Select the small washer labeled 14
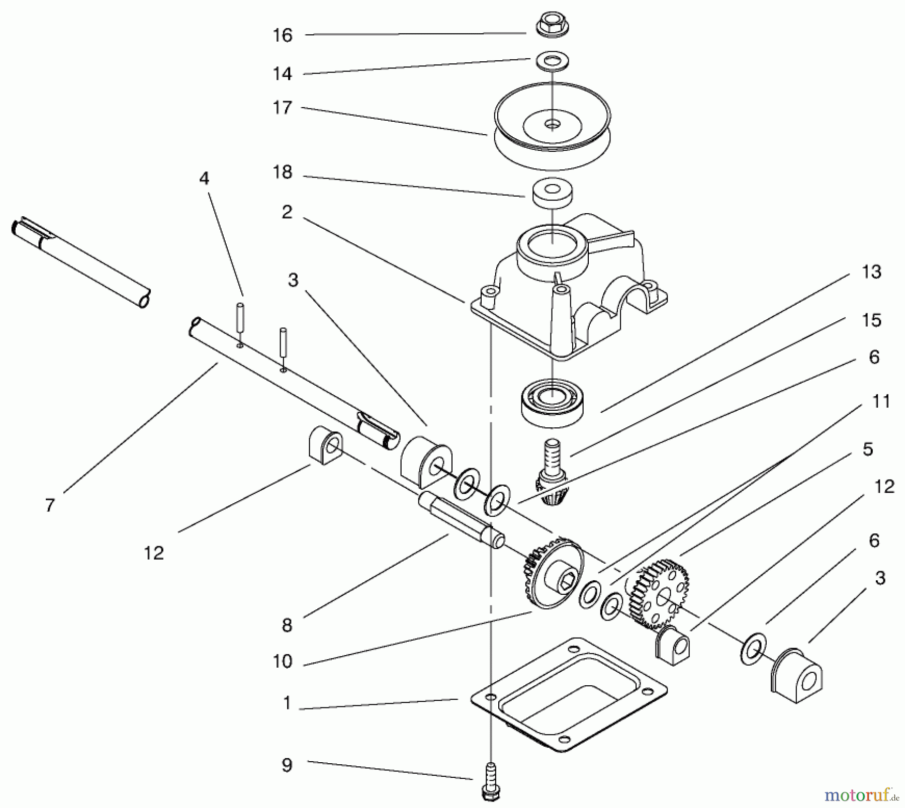(x=551, y=62)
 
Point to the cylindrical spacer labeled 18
(x=552, y=193)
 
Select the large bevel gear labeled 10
(x=553, y=573)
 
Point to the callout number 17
(x=282, y=108)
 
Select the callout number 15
(x=871, y=320)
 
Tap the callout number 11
(x=880, y=401)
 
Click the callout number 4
(x=204, y=178)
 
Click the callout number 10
(x=282, y=661)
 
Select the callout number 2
(x=287, y=212)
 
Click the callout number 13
(x=871, y=272)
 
